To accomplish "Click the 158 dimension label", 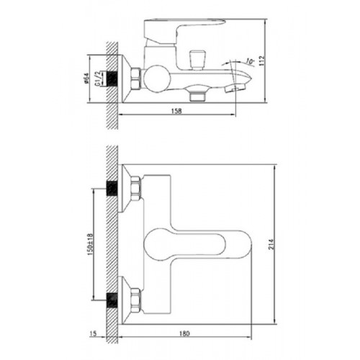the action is coord(176,111).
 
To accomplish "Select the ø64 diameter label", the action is coord(86,78).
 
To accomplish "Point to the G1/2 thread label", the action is coord(98,78).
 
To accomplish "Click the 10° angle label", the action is coord(250,61).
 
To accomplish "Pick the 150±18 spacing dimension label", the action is coord(91,244).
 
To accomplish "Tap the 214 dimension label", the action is coord(271,244).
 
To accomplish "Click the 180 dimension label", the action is coord(184,333).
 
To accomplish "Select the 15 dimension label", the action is coord(93,333).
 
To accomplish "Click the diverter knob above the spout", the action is coord(197,60).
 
